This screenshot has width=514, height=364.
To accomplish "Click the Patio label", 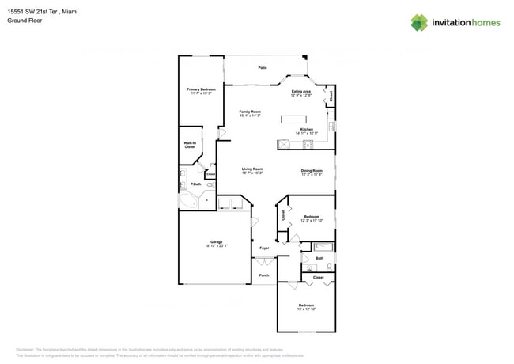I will coord(262,68).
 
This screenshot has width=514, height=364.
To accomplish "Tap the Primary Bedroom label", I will coord(201,91).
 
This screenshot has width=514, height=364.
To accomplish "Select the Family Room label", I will coord(250,113).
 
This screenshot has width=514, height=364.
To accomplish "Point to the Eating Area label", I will coord(301,93).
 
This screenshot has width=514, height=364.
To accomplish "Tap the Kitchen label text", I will coord(306,129).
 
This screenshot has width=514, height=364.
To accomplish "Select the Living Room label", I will coord(252,169).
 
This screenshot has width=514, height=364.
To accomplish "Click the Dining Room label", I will coord(312,171).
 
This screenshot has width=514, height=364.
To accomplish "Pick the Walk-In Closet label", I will coord(190,145).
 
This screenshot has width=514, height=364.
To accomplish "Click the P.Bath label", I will coord(195,184).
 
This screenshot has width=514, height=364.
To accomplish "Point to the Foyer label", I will coord(264,248).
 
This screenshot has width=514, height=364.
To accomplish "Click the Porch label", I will coord(264,275).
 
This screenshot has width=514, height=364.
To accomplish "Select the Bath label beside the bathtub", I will coord(319,258).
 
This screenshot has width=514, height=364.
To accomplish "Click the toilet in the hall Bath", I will coord(329,267).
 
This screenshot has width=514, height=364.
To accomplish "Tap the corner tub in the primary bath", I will coord(188,201).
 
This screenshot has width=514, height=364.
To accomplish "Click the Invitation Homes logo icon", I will coord(419,22).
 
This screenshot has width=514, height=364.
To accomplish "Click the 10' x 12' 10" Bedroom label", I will coord(306,306).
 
